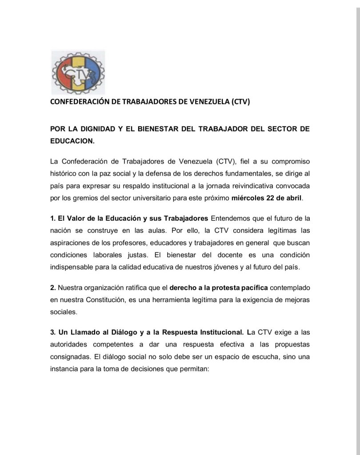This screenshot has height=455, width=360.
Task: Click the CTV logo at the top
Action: (x=78, y=72)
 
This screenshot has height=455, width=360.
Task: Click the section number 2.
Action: (x=52, y=288)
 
